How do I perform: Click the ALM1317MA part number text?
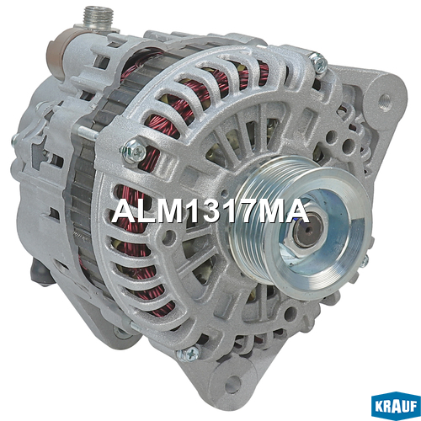point(210,211)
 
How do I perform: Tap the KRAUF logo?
point(396,407)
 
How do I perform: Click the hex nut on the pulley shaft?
point(305,233)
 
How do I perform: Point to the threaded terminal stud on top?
point(99,17)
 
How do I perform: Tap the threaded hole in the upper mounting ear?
point(386,99)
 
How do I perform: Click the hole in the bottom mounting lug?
point(232,384)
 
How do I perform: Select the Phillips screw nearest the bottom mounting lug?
point(189,354)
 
